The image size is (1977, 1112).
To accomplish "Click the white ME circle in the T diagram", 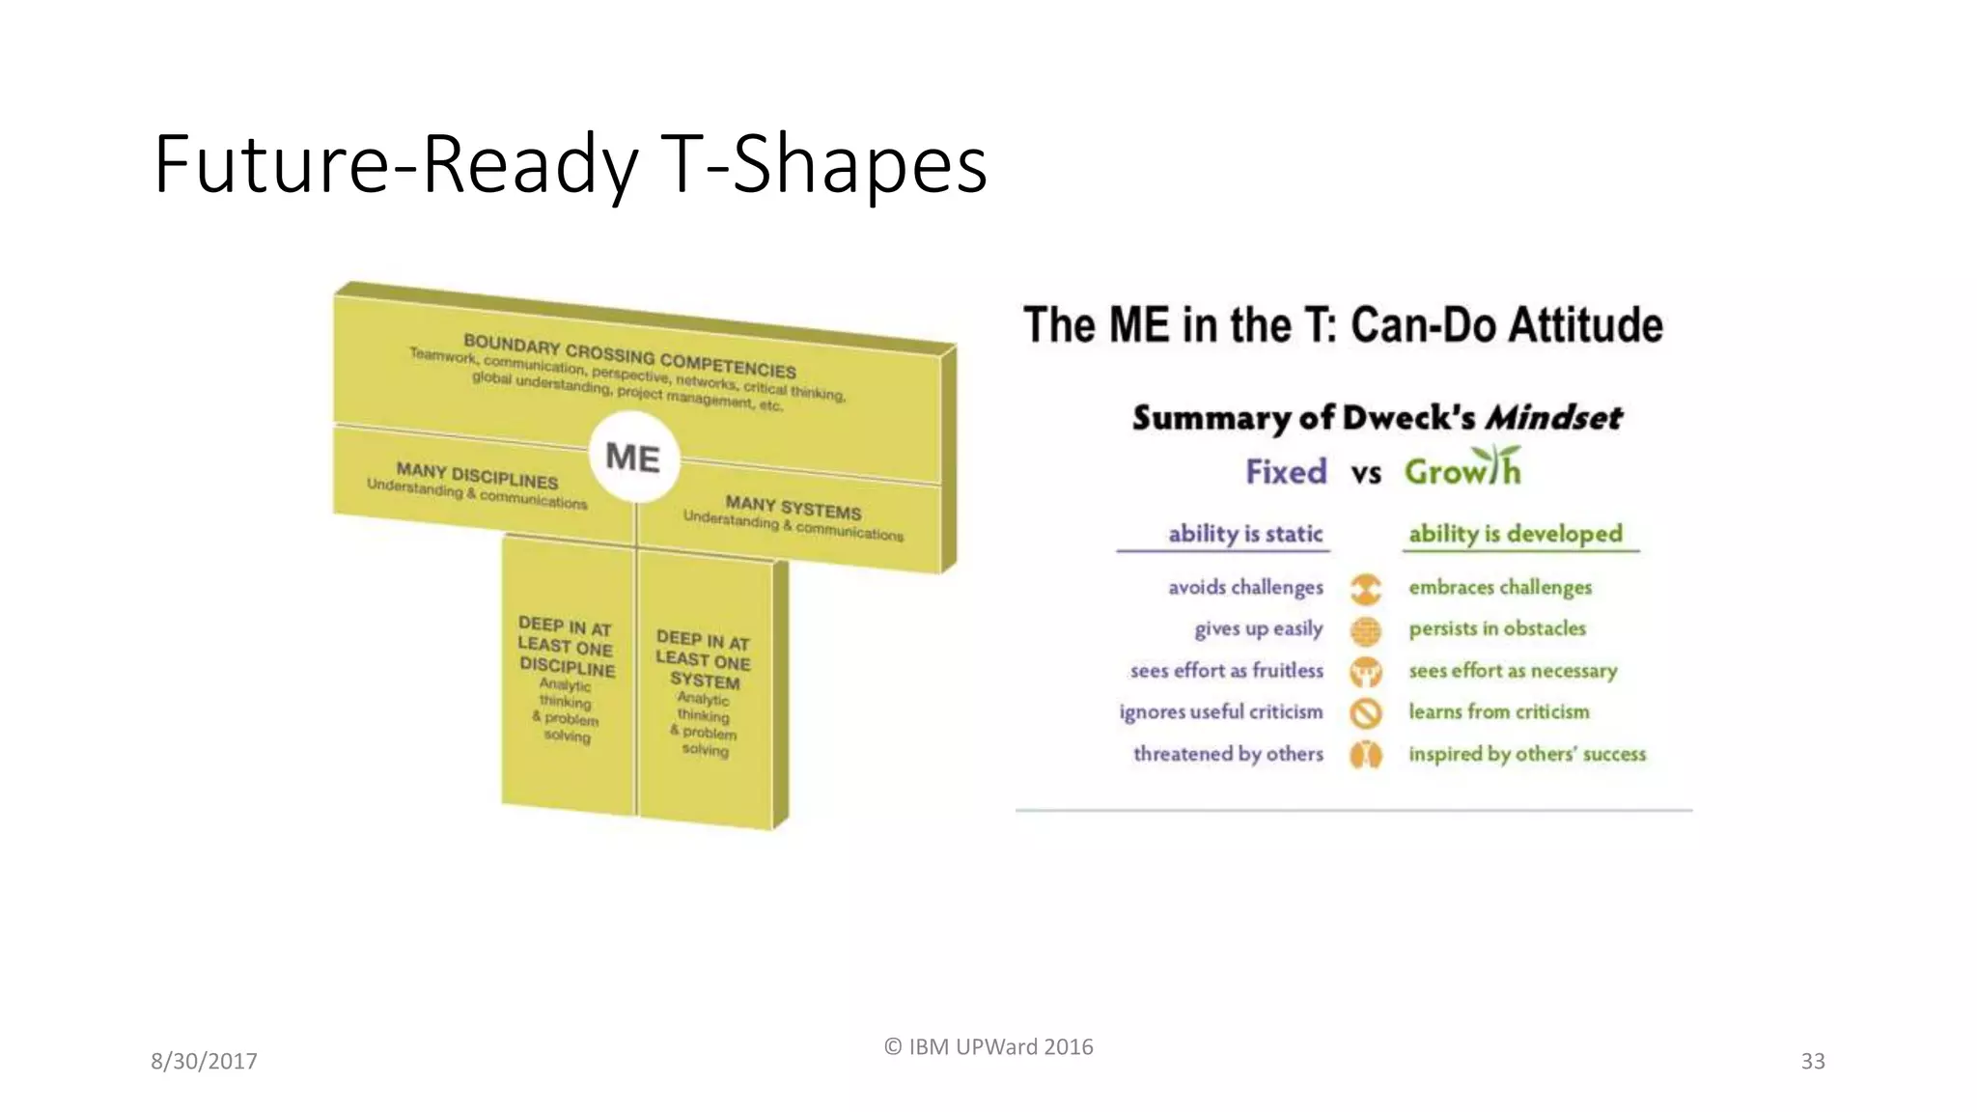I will pyautogui.click(x=633, y=458).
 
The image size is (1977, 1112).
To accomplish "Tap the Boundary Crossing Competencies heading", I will pyautogui.click(x=629, y=356).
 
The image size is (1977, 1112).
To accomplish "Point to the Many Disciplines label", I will pyautogui.click(x=477, y=476).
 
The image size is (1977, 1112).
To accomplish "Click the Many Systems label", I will pyautogui.click(x=793, y=508).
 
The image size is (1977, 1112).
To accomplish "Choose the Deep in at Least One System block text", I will pyautogui.click(x=704, y=660).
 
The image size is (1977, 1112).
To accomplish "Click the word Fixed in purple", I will pyautogui.click(x=1286, y=472).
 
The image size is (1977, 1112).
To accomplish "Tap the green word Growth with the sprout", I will pyautogui.click(x=1462, y=470).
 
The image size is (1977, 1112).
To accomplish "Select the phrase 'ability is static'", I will pyautogui.click(x=1245, y=534).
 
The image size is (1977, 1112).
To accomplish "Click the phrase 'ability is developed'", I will pyautogui.click(x=1516, y=534).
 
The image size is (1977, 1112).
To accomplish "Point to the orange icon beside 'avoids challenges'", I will pyautogui.click(x=1365, y=588).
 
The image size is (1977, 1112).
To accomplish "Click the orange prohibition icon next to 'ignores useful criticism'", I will pyautogui.click(x=1366, y=713).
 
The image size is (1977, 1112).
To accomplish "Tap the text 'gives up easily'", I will pyautogui.click(x=1259, y=629).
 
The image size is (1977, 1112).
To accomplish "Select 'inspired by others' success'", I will pyautogui.click(x=1527, y=754).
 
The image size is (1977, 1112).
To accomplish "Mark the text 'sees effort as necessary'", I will pyautogui.click(x=1513, y=671).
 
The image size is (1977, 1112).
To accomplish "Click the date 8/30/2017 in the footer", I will pyautogui.click(x=204, y=1062).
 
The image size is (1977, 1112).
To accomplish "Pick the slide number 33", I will pyautogui.click(x=1813, y=1062).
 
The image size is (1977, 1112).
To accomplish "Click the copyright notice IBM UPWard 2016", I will pyautogui.click(x=988, y=1047).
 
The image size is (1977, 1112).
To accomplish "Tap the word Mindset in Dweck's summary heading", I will pyautogui.click(x=1553, y=418).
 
